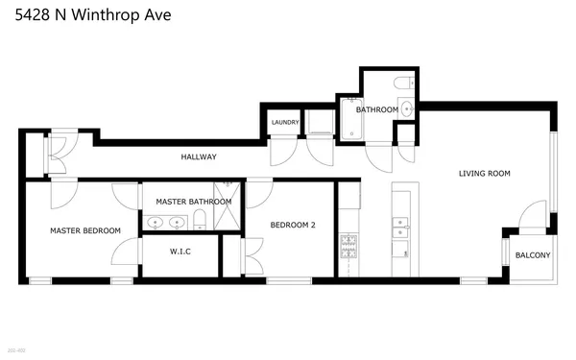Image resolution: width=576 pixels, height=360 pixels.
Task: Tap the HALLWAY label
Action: point(199,156)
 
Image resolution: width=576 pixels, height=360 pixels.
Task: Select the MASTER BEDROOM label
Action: point(85,230)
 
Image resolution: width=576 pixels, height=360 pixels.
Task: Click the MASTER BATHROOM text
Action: point(194,202)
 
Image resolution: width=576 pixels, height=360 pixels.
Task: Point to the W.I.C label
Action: point(180,252)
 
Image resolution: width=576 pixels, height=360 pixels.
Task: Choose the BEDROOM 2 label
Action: point(293,225)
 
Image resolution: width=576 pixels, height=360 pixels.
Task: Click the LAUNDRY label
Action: point(285,122)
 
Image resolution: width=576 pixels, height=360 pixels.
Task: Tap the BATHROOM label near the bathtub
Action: point(376,110)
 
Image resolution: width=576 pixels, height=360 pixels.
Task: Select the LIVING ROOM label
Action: point(484,174)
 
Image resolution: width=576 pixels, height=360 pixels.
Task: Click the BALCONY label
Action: point(533,254)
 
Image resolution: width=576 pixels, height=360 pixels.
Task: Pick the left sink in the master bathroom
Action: point(156,224)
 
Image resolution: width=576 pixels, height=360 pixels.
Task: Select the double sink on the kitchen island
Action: point(400,228)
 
